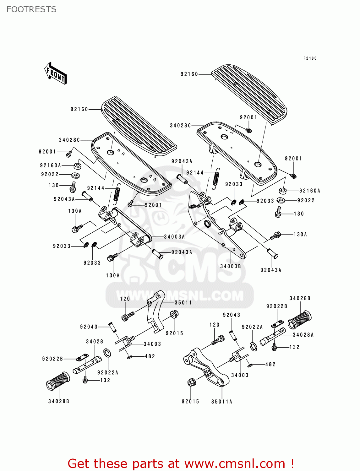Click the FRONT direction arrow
coord(56,73)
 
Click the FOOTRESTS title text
coord(31,9)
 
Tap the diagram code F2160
coord(310,58)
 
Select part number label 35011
coord(183,303)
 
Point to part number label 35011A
coord(222,402)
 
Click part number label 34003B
coord(231,266)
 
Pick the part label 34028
coord(95,342)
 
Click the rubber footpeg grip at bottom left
coord(58,381)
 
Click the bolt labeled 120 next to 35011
coord(128,316)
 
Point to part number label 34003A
coord(174,237)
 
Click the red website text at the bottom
coord(181,463)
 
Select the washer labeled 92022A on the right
coord(253,346)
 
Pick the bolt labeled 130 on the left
coord(73,187)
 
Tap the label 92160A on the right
coord(310,191)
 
